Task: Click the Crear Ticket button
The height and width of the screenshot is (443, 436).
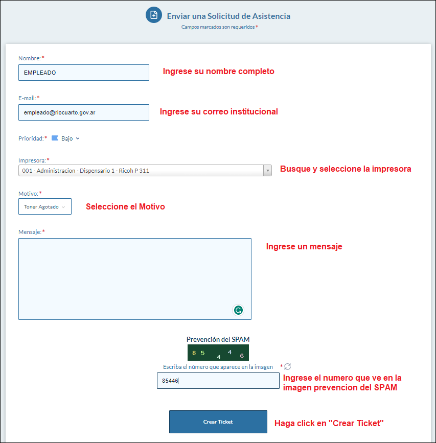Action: [x=218, y=422]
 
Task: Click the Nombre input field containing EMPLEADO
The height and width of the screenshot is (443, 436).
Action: [x=83, y=73]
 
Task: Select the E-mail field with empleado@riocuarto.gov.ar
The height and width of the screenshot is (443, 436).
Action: [x=83, y=112]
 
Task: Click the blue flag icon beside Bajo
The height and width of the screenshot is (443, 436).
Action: [x=55, y=138]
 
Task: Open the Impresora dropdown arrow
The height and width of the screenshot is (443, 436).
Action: [x=267, y=171]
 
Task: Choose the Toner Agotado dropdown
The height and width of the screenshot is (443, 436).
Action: [x=44, y=206]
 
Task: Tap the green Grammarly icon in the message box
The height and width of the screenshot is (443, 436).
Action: [x=238, y=310]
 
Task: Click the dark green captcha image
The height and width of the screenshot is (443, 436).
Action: [x=218, y=353]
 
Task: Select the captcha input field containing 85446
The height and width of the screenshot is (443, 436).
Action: [x=218, y=381]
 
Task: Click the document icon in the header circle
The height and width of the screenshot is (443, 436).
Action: [x=154, y=15]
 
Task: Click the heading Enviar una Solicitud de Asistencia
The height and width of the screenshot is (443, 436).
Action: [x=228, y=16]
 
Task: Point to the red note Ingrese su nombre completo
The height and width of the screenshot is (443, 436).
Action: [x=218, y=72]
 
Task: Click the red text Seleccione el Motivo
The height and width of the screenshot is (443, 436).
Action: [x=125, y=207]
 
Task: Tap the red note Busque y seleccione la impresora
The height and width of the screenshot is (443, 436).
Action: [x=345, y=169]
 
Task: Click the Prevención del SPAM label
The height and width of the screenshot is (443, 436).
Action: [x=218, y=339]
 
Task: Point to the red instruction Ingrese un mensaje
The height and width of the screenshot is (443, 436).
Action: [x=304, y=247]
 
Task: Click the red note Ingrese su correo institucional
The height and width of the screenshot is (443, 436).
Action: [x=219, y=111]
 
